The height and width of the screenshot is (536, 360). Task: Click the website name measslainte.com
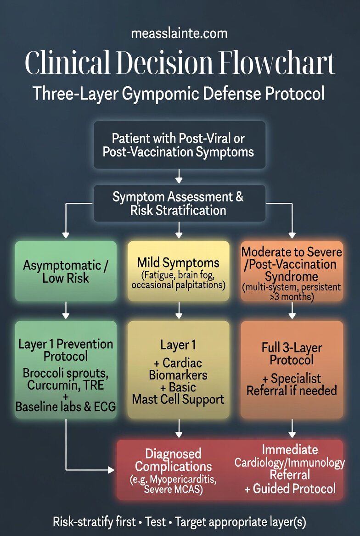coord(179,33)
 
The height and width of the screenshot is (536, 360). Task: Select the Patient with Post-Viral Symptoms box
coord(179,145)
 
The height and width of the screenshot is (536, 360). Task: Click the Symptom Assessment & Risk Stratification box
coord(179,203)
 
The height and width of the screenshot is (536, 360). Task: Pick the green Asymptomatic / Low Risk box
coord(66,271)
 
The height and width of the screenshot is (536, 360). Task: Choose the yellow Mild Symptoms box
coord(178,271)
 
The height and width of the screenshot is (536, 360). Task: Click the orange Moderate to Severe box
coord(292,271)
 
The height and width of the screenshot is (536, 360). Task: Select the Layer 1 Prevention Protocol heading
coord(66,350)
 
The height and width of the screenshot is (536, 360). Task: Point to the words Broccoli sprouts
coord(66,373)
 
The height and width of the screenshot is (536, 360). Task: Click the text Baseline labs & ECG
coord(66,406)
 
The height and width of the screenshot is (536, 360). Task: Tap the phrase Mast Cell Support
coord(178,399)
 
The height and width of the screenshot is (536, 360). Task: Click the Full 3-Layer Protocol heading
coord(292,353)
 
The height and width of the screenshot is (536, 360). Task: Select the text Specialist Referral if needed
coord(292,385)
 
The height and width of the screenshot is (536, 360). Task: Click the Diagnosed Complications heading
coord(174,460)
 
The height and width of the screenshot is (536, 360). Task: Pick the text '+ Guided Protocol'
coord(290,488)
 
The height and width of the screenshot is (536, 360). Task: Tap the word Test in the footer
coord(155,522)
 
